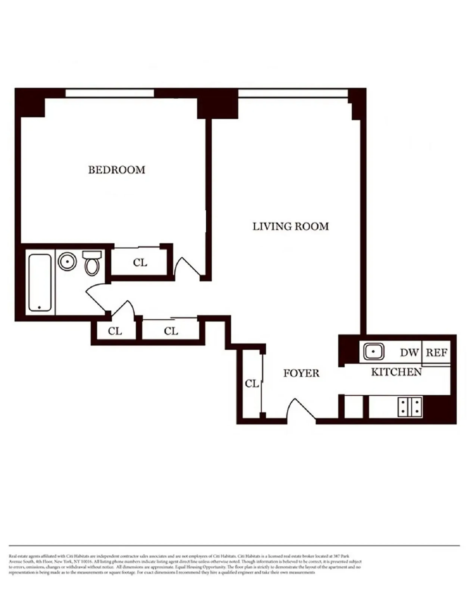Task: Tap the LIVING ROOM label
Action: pos(290,226)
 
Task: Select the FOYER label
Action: pos(301,373)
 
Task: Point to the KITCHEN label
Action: pos(396,372)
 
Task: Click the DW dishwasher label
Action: pos(409,353)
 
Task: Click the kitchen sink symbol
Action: pos(373,352)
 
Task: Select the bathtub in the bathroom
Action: pos(40,283)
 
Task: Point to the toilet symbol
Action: pos(92,263)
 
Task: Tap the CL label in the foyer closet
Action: pos(252,384)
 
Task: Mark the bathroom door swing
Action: pos(96,299)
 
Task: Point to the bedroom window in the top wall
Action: pos(110,93)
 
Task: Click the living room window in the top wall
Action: pos(293,93)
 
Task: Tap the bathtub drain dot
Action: pos(39,307)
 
